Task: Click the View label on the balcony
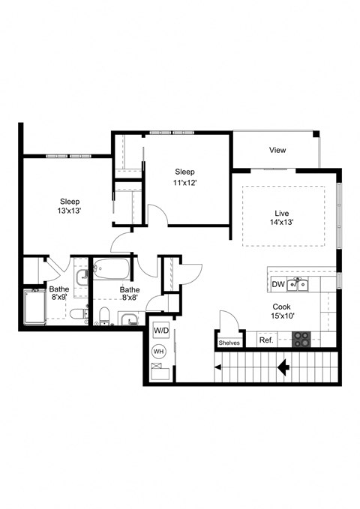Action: tap(277, 151)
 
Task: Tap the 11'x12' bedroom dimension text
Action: tap(185, 182)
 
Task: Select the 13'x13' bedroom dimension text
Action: tap(70, 212)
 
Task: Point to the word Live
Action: tap(282, 211)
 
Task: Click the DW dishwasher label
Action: tap(277, 284)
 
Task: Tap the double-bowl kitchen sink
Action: tap(299, 284)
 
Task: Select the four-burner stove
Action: tap(301, 339)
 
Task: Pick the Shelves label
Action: tap(229, 343)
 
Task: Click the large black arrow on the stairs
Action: tap(284, 367)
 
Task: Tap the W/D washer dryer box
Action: tap(160, 330)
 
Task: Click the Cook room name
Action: tap(282, 307)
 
